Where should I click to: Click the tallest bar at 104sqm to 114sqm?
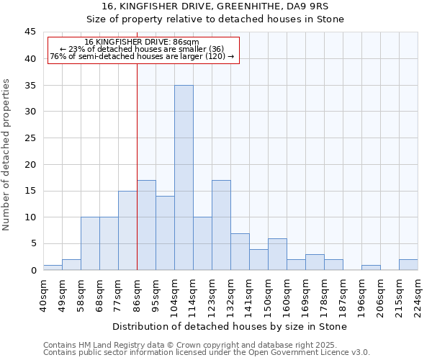[x=184, y=178]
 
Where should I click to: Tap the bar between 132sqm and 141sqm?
[x=240, y=251]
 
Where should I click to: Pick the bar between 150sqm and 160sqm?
[x=277, y=254]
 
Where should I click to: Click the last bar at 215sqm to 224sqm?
[x=408, y=264]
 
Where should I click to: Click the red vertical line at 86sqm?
[x=137, y=166]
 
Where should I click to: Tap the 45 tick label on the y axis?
[x=30, y=32]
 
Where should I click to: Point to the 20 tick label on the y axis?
[x=30, y=164]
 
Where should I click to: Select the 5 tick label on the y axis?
[x=32, y=243]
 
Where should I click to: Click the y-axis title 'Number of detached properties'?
[x=7, y=155]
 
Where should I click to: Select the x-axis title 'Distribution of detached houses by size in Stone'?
[x=230, y=326]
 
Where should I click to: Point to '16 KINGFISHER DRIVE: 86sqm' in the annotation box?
[x=142, y=42]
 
